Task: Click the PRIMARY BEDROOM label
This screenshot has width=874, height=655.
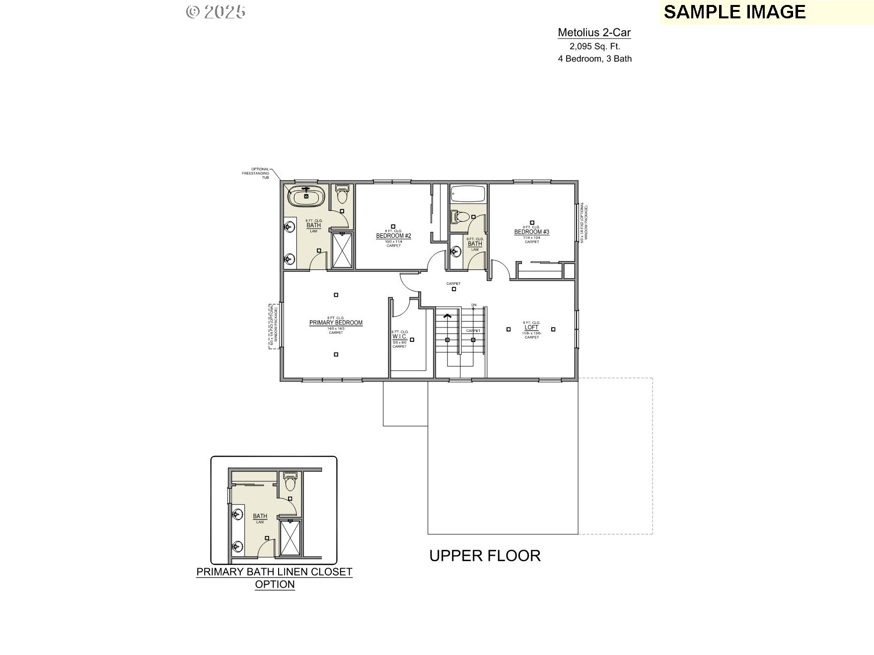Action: (x=336, y=323)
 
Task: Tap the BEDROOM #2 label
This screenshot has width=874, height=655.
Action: (x=393, y=236)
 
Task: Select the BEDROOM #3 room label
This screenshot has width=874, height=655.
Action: (x=531, y=232)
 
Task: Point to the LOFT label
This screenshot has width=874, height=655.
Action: (x=531, y=327)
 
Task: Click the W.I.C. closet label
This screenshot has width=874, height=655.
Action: (x=399, y=336)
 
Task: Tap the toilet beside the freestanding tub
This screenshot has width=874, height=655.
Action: (x=342, y=195)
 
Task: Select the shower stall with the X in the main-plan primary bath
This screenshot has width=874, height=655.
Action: (x=342, y=251)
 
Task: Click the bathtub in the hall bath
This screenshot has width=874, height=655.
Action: (x=468, y=194)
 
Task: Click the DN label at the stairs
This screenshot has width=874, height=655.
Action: (x=474, y=305)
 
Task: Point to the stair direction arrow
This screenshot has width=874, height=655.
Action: (x=447, y=315)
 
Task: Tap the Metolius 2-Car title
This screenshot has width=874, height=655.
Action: (x=594, y=33)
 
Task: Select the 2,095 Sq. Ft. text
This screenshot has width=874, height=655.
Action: (x=594, y=46)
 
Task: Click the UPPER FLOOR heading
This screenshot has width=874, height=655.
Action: (x=485, y=555)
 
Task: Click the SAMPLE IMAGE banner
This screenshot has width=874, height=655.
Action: (x=734, y=12)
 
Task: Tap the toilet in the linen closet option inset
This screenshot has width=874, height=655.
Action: (x=290, y=481)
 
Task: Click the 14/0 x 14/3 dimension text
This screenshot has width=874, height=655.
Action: (x=336, y=328)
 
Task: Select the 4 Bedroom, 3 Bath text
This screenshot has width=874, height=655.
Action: (x=594, y=59)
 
